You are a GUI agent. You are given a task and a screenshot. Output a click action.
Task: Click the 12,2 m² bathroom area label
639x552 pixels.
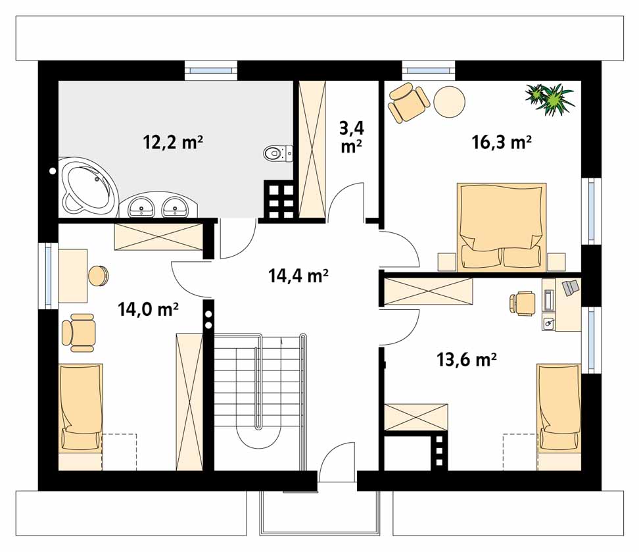pyautogui.click(x=173, y=143)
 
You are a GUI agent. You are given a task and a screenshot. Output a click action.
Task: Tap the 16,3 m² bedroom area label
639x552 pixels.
pyautogui.click(x=501, y=142)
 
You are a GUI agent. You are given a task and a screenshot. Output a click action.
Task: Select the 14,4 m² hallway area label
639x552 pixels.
pyautogui.click(x=298, y=276)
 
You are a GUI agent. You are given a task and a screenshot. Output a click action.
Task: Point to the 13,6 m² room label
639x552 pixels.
pyautogui.click(x=466, y=360)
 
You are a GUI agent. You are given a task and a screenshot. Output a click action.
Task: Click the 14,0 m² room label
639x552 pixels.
pyautogui.click(x=148, y=309)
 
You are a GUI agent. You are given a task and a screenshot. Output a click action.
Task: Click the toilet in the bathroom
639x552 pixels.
pyautogui.click(x=278, y=153)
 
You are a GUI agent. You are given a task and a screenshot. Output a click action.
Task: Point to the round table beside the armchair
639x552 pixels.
pyautogui.click(x=449, y=102)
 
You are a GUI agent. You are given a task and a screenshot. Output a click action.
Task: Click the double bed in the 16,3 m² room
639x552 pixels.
pyautogui.click(x=502, y=227)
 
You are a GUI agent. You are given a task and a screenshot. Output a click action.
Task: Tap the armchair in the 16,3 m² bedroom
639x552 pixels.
pyautogui.click(x=408, y=102)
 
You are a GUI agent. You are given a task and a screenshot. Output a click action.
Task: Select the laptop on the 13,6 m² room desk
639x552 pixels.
pyautogui.click(x=571, y=288)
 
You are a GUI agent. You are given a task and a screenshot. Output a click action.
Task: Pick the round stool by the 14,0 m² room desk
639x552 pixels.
pyautogui.click(x=98, y=276)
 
